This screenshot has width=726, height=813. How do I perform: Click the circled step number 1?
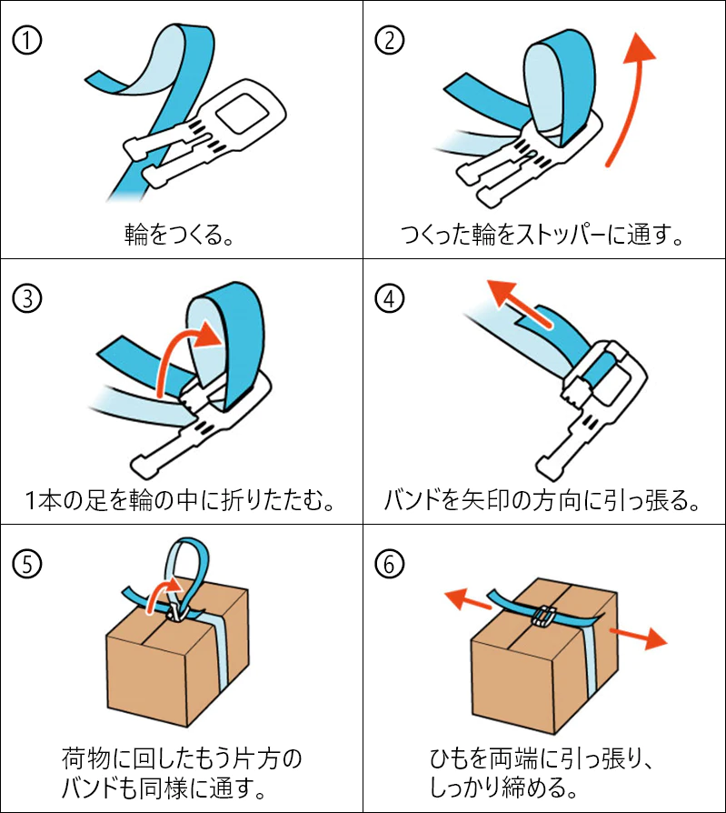[28, 40]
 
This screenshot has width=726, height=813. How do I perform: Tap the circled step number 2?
[390, 40]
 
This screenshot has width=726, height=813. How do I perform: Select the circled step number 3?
[28, 298]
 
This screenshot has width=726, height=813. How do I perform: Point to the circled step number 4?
[390, 298]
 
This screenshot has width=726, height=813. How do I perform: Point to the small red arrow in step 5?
[164, 591]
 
